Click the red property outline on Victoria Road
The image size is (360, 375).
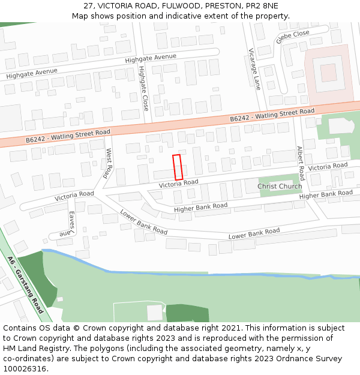coord(177,167)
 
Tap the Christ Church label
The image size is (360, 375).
coord(280,187)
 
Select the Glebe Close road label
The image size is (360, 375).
coord(292,37)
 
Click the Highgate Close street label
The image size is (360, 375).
coord(143,89)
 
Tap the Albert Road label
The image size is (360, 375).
coord(301,163)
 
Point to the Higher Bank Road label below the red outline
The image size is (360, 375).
coord(201,208)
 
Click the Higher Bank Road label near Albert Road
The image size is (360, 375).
coord(326,194)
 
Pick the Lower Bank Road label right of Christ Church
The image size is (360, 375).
coord(254,233)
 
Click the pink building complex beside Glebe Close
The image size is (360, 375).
coord(328,74)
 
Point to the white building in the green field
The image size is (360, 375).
coord(155,313)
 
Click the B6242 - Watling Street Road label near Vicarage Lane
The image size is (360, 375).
coord(272,115)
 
